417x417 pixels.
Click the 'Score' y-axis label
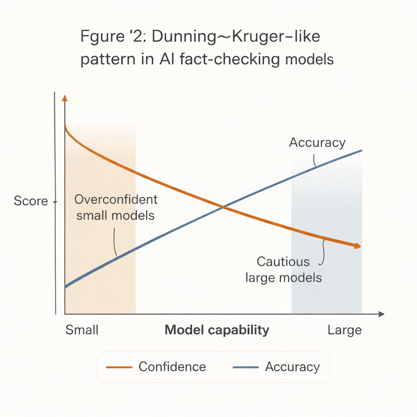coord(31,201)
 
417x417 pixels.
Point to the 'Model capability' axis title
coord(217,330)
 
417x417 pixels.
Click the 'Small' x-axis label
coord(82,330)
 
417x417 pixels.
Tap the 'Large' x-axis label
coord(345,330)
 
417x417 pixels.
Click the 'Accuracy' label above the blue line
coord(317,143)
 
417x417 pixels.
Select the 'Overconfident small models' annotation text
coord(116,207)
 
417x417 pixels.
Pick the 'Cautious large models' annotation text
coord(283,270)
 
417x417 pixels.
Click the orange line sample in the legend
coord(119,367)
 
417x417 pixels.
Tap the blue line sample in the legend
coord(246,367)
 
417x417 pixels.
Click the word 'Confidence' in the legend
coord(172,367)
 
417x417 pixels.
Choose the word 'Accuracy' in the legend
coord(292,367)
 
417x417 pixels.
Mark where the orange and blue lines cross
coord(223,207)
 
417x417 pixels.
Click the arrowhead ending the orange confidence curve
coord(358,246)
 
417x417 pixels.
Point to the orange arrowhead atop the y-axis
coord(65,98)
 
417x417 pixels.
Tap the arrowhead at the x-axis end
coord(382,314)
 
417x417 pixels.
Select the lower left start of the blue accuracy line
coord(66,287)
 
